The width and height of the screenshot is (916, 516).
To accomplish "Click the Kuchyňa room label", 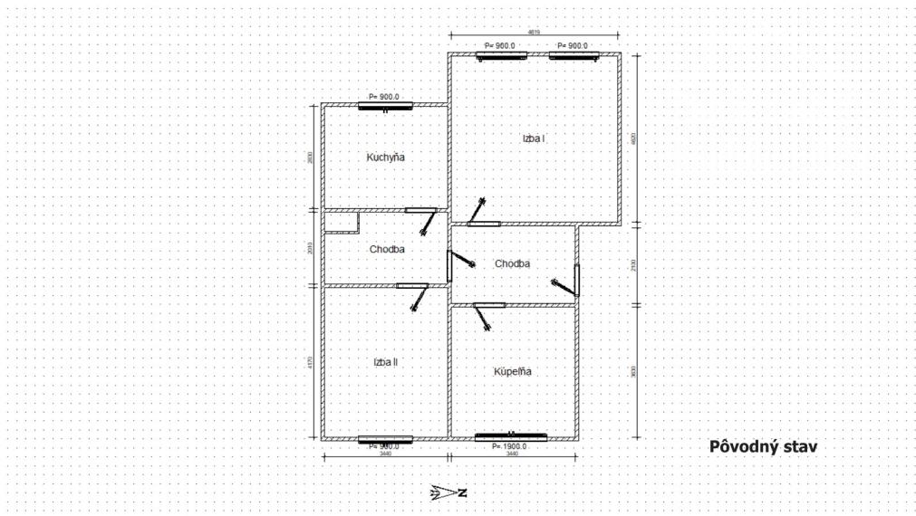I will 385,158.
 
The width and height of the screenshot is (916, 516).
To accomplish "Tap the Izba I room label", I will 533,139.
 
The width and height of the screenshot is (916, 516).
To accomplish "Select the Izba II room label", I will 385,362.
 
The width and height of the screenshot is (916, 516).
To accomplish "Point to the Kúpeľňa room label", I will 513,371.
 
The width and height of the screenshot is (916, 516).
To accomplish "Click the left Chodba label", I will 387,249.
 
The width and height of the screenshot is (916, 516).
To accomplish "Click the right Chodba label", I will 512,263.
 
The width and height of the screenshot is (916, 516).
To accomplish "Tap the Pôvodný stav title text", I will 763,446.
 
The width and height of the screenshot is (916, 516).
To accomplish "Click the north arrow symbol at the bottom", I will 448,493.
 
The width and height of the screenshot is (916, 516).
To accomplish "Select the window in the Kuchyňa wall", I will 385,106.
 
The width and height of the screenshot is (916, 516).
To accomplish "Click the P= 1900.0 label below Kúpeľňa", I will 509,447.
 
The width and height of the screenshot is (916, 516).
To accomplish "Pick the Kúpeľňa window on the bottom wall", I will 511,437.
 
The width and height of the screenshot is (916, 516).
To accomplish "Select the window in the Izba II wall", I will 385,439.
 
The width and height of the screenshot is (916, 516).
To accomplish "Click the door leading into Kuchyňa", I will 421,212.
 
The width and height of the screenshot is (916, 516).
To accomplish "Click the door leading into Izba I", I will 482,223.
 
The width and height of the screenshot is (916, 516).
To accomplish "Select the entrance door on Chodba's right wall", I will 576,281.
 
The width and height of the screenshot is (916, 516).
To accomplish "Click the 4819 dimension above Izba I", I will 535,32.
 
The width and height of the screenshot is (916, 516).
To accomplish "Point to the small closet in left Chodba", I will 342,223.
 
